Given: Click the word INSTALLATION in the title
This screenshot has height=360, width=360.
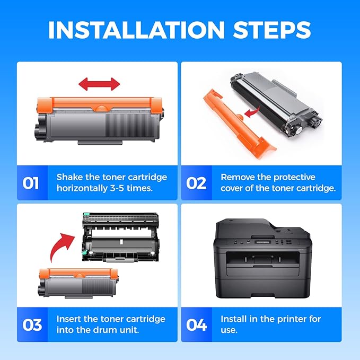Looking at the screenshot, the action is [136, 30].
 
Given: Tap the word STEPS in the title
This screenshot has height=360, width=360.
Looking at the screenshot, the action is [272, 30].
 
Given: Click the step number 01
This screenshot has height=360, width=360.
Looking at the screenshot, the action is [31, 183].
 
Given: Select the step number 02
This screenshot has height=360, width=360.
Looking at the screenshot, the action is [196, 183].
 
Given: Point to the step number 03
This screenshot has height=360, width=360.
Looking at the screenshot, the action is [32, 325].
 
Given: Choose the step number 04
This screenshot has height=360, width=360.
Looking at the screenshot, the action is [197, 325].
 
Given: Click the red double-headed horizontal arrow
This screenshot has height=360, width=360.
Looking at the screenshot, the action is [99, 84].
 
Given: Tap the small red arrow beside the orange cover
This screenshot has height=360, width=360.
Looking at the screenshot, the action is [252, 112].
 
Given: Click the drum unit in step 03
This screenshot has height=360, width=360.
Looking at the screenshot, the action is [120, 237].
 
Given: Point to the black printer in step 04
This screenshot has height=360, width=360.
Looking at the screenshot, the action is [261, 258].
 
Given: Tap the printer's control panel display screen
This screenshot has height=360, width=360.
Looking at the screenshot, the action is [263, 242].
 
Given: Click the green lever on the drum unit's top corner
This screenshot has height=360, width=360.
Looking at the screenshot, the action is [86, 214].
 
